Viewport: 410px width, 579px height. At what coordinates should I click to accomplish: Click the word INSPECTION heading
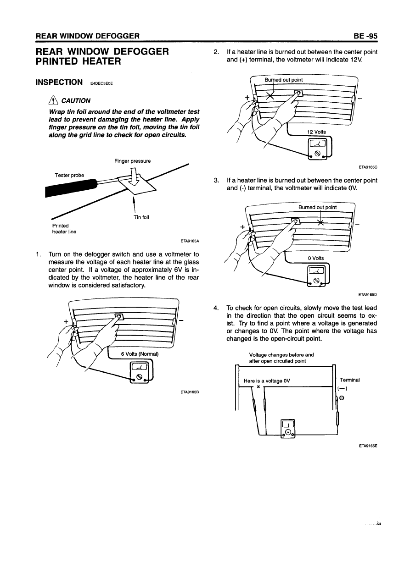59,83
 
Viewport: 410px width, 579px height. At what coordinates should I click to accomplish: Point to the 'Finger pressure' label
133,161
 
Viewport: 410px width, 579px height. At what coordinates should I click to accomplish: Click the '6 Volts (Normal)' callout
139,353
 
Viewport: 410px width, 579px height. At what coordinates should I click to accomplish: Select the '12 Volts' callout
316,132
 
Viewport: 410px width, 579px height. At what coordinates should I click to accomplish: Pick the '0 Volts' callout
316,258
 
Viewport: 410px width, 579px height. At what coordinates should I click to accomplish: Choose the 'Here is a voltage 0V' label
267,380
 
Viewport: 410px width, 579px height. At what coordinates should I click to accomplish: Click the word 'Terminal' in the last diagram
349,380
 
